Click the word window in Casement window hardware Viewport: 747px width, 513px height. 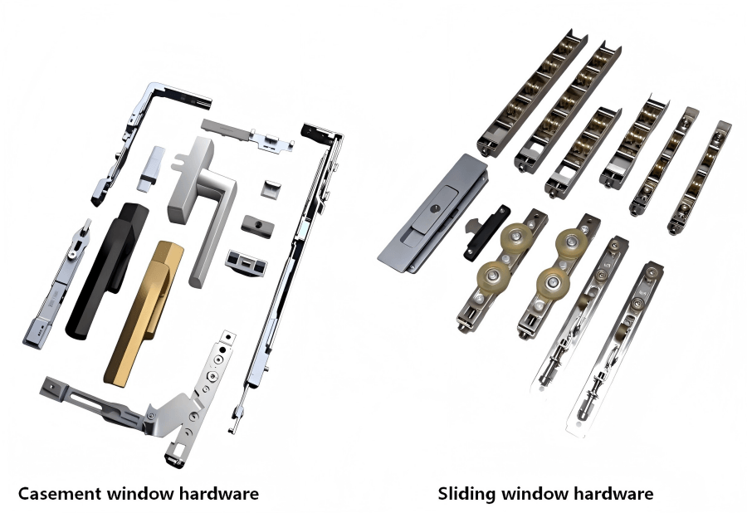(x=140, y=494)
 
